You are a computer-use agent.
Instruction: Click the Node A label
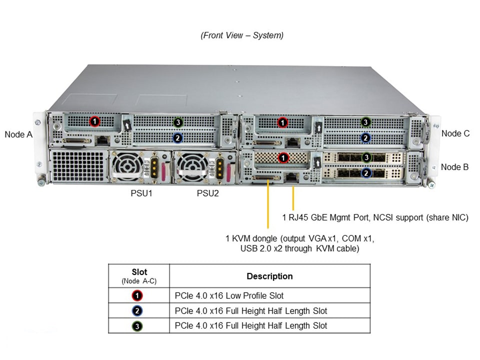coord(18,134)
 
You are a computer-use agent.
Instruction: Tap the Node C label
coord(455,133)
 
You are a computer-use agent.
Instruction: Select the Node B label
coord(454,167)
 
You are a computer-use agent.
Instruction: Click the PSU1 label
coord(138,193)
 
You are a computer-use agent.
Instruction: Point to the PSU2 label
coord(207,193)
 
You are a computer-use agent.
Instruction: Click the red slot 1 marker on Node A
coord(94,121)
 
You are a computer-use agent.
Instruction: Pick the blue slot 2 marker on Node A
coord(177,137)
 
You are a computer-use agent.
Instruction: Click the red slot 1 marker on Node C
coord(282,122)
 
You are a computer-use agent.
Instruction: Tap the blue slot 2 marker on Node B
coord(366,172)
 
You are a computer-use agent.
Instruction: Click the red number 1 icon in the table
coord(138,295)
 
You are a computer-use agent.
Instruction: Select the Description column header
coord(269,276)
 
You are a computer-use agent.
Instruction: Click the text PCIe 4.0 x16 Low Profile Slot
coord(229,295)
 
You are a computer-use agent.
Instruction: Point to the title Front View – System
coord(242,35)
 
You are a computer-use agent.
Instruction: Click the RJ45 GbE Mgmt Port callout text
coord(375,217)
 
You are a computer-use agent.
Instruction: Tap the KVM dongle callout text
coord(299,243)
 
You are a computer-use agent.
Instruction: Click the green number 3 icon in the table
coord(138,326)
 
